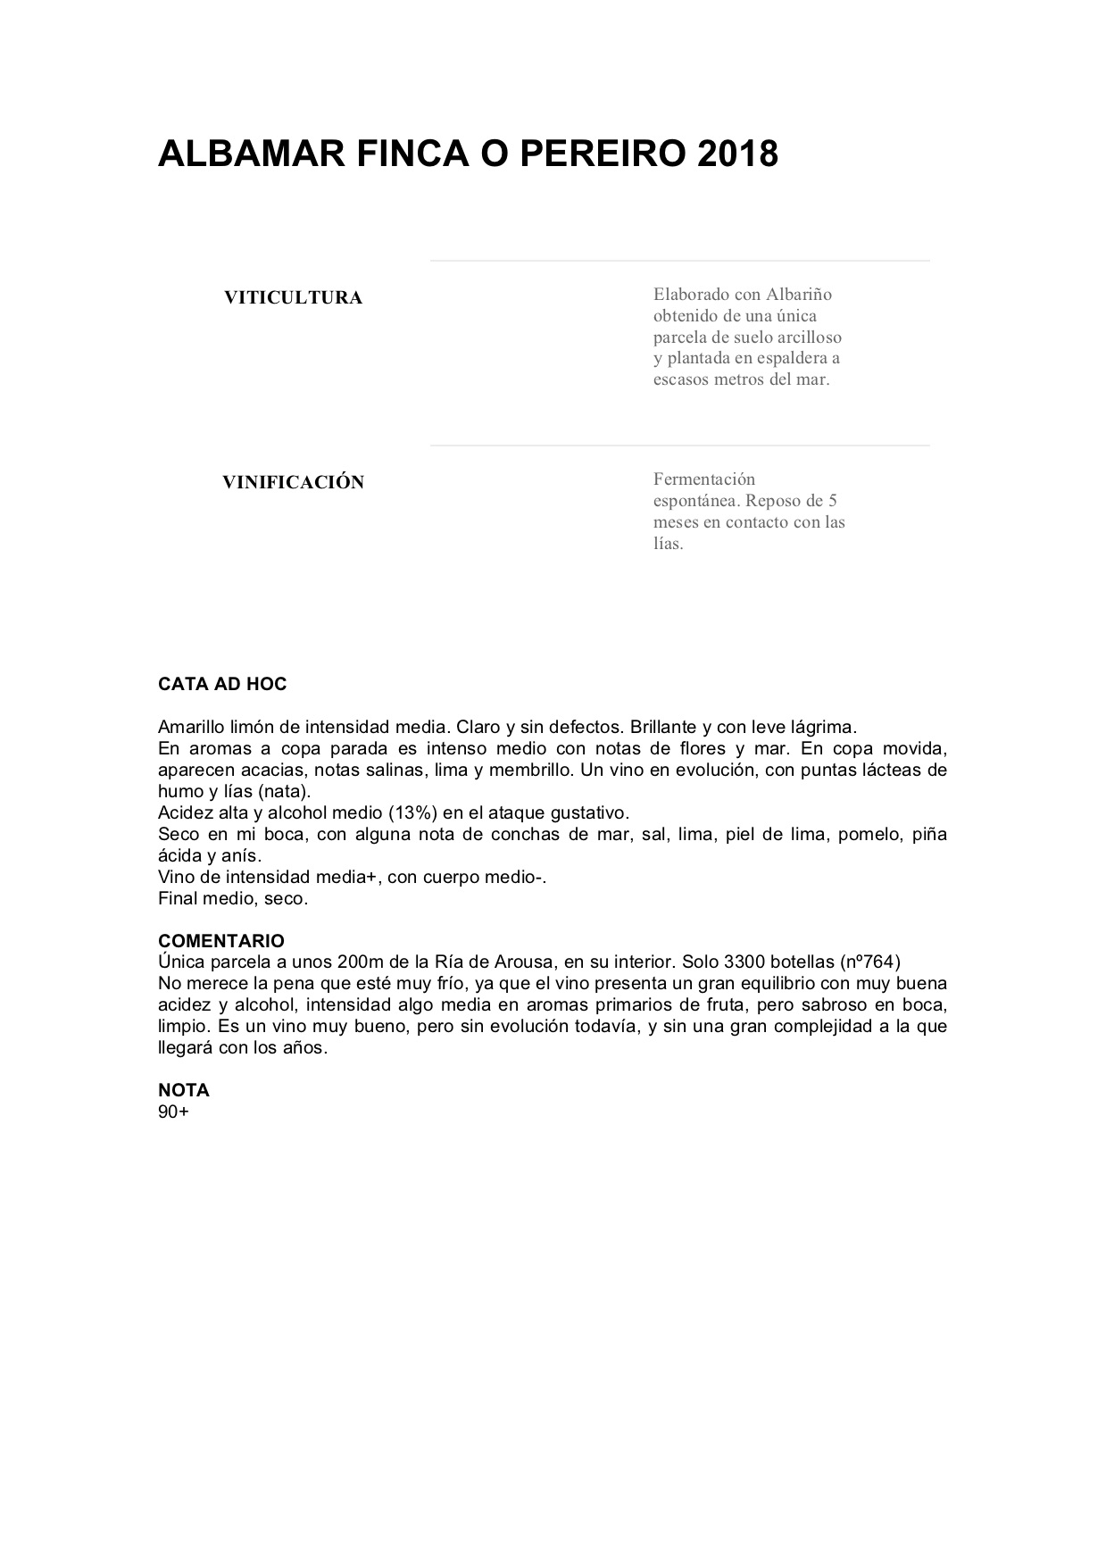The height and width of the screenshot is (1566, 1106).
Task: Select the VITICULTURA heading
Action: (293, 298)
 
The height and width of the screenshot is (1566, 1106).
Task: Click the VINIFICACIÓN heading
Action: (293, 483)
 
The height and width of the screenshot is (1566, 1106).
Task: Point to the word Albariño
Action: (799, 295)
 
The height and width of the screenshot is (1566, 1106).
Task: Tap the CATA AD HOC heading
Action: (222, 685)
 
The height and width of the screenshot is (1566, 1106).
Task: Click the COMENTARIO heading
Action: (221, 941)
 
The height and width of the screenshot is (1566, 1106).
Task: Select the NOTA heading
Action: (184, 1090)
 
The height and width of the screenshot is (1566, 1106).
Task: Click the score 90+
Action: (173, 1112)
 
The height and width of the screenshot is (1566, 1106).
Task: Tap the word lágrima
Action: (822, 728)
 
